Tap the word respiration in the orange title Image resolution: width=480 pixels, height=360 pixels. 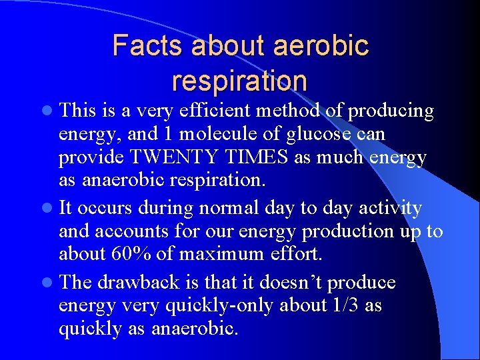[239, 81]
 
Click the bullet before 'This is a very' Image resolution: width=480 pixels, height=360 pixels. [51, 111]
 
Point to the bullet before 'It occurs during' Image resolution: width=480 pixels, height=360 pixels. [51, 209]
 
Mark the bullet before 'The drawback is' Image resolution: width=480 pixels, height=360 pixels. [51, 283]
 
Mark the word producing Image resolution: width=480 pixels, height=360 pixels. [391, 111]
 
